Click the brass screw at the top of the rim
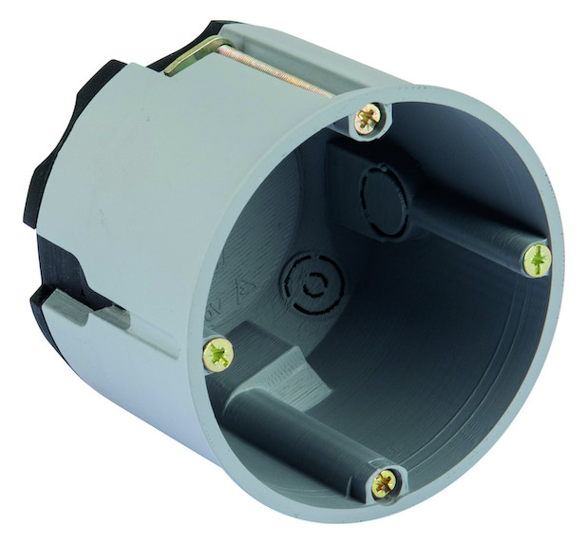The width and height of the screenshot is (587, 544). [367, 119]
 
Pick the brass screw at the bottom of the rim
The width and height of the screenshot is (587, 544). [385, 482]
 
